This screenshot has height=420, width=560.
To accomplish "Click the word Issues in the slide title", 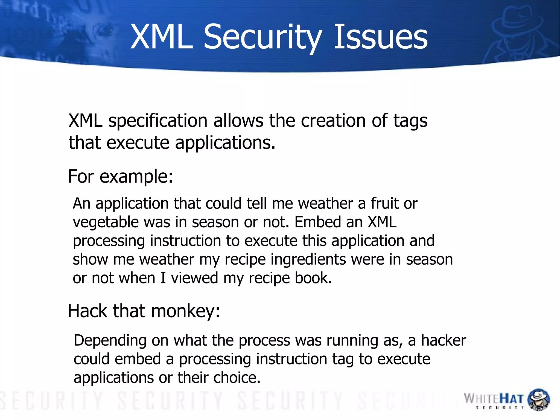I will pos(381,37).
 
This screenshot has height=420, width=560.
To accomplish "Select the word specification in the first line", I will pos(158,121).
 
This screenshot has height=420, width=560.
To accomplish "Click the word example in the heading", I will pos(136,177).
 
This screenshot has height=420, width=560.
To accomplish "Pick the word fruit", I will pos(384,204).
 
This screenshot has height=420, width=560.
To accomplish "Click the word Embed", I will pos(317,222).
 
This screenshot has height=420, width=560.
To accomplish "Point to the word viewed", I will pos(194,278).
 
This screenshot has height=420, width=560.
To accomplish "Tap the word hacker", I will pos(443,341).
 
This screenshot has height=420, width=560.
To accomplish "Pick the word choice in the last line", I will pos(237,378).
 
